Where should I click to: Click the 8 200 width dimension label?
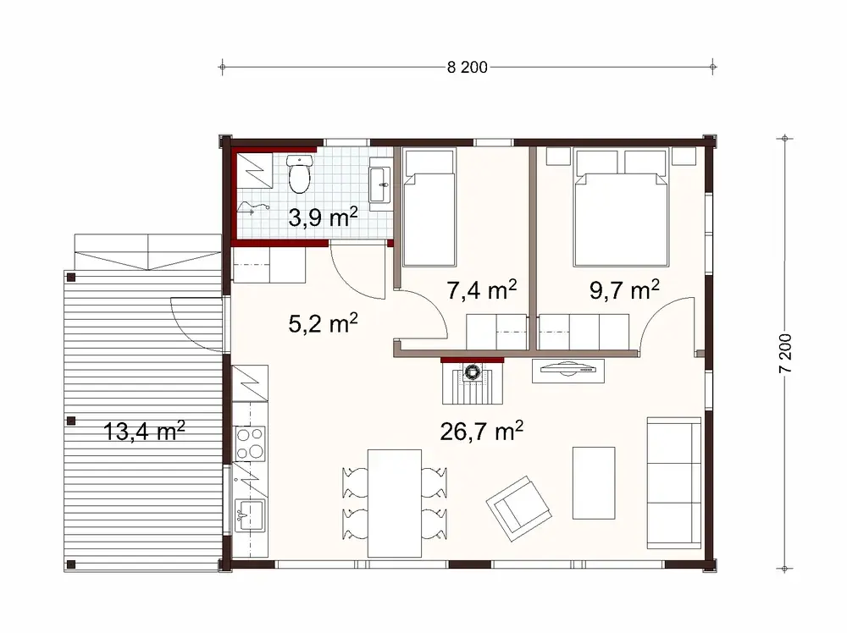click(x=467, y=69)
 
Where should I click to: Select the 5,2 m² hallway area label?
click(x=323, y=322)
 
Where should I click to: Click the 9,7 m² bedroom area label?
click(x=624, y=290)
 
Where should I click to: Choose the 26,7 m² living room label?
click(x=481, y=431)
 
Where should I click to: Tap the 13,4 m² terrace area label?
click(x=144, y=432)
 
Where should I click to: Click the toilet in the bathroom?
click(x=299, y=174)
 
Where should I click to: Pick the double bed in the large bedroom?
click(x=617, y=207)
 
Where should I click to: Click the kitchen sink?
click(x=250, y=513)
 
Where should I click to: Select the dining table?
click(x=396, y=503)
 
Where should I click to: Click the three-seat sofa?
click(x=673, y=483)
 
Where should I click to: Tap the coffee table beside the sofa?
click(x=594, y=482)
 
